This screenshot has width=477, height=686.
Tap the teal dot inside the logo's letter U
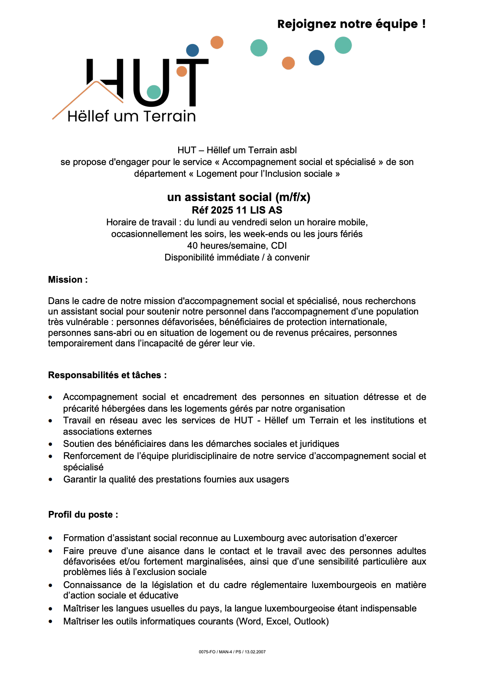click(x=154, y=92)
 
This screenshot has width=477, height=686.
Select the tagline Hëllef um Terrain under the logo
click(x=132, y=116)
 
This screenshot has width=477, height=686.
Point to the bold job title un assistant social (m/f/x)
click(x=238, y=197)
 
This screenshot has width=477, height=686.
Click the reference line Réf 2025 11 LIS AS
click(x=237, y=210)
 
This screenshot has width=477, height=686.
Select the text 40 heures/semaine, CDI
click(x=237, y=245)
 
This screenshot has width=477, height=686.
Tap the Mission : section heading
click(x=68, y=280)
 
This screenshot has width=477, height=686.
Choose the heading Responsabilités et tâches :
click(x=107, y=375)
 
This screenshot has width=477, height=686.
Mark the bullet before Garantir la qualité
click(x=51, y=480)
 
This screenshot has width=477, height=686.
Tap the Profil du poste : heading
click(x=83, y=515)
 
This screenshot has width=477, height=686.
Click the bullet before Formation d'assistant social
click(x=51, y=538)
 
